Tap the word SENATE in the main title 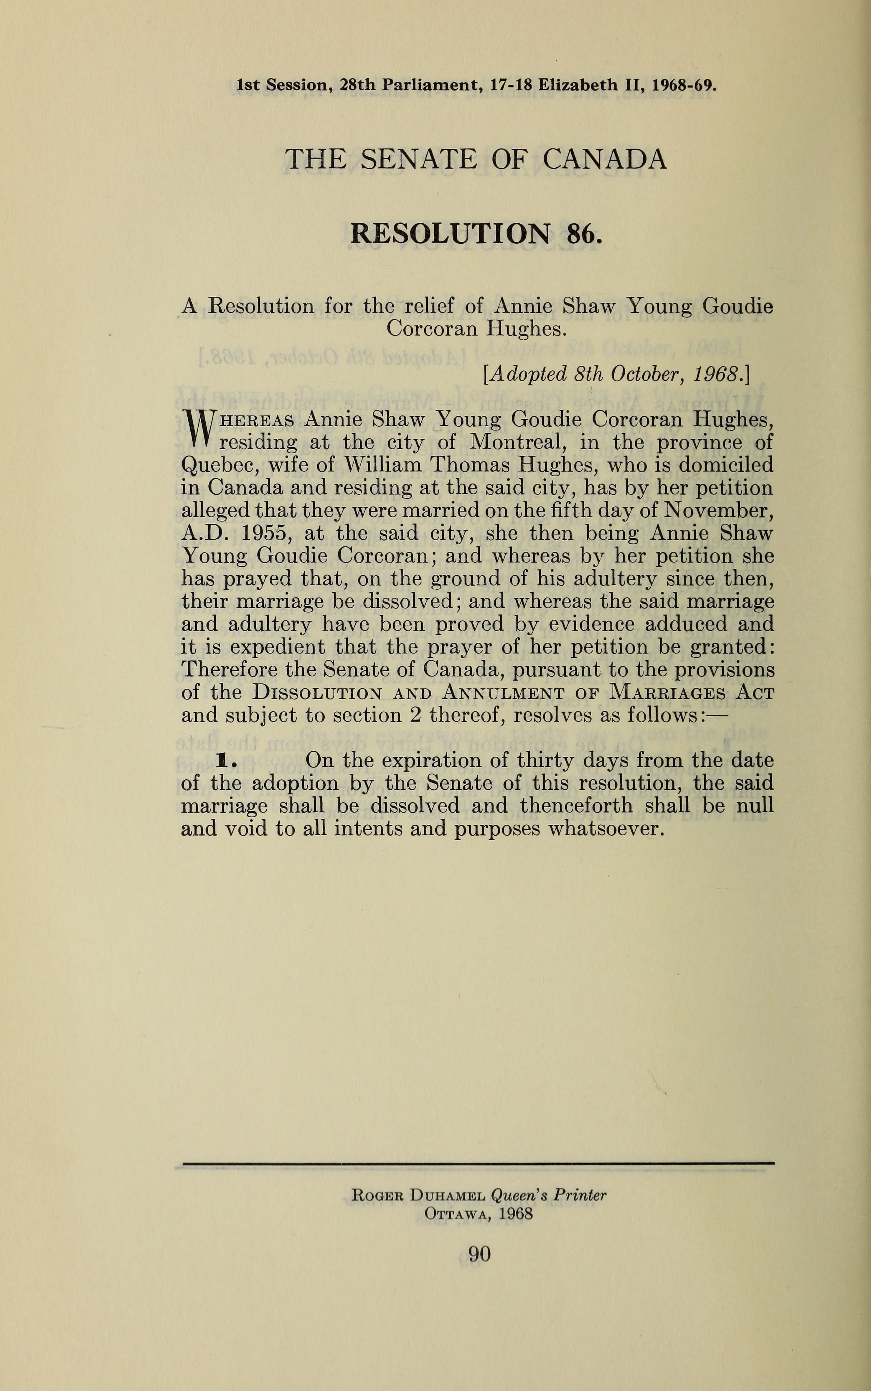coord(419,159)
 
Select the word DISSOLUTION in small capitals coord(317,692)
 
